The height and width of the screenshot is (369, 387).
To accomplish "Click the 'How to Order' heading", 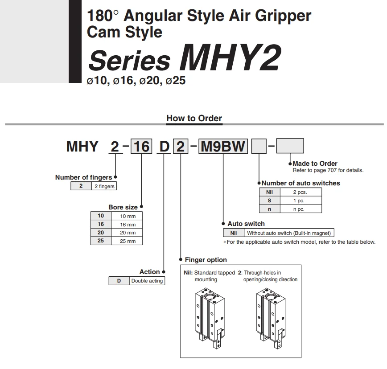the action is pyautogui.click(x=194, y=118).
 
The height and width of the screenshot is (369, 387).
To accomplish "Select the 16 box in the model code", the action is pyautogui.click(x=141, y=146).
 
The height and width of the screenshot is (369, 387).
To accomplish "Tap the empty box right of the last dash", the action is pyautogui.click(x=290, y=146).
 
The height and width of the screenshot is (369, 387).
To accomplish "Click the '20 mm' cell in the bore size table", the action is pyautogui.click(x=128, y=233).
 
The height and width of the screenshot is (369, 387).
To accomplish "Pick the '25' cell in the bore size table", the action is pyautogui.click(x=101, y=241).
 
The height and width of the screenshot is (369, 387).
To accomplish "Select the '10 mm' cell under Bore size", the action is pyautogui.click(x=128, y=216).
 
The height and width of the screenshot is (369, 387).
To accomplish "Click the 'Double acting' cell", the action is pyautogui.click(x=147, y=281).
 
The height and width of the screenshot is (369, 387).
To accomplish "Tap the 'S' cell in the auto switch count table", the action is pyautogui.click(x=269, y=201).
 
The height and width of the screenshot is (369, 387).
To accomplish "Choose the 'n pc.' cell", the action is pyautogui.click(x=299, y=209).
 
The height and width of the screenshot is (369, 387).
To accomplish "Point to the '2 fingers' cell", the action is pyautogui.click(x=104, y=186).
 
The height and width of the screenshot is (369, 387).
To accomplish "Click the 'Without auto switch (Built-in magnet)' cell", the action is pyautogui.click(x=289, y=233).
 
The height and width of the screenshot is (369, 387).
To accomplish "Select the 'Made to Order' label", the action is pyautogui.click(x=315, y=164).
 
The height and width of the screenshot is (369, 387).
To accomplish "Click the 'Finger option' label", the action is pyautogui.click(x=206, y=260).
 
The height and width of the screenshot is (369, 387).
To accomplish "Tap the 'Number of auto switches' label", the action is pyautogui.click(x=301, y=183).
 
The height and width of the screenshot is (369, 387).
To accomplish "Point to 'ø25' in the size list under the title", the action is pyautogui.click(x=175, y=82).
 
